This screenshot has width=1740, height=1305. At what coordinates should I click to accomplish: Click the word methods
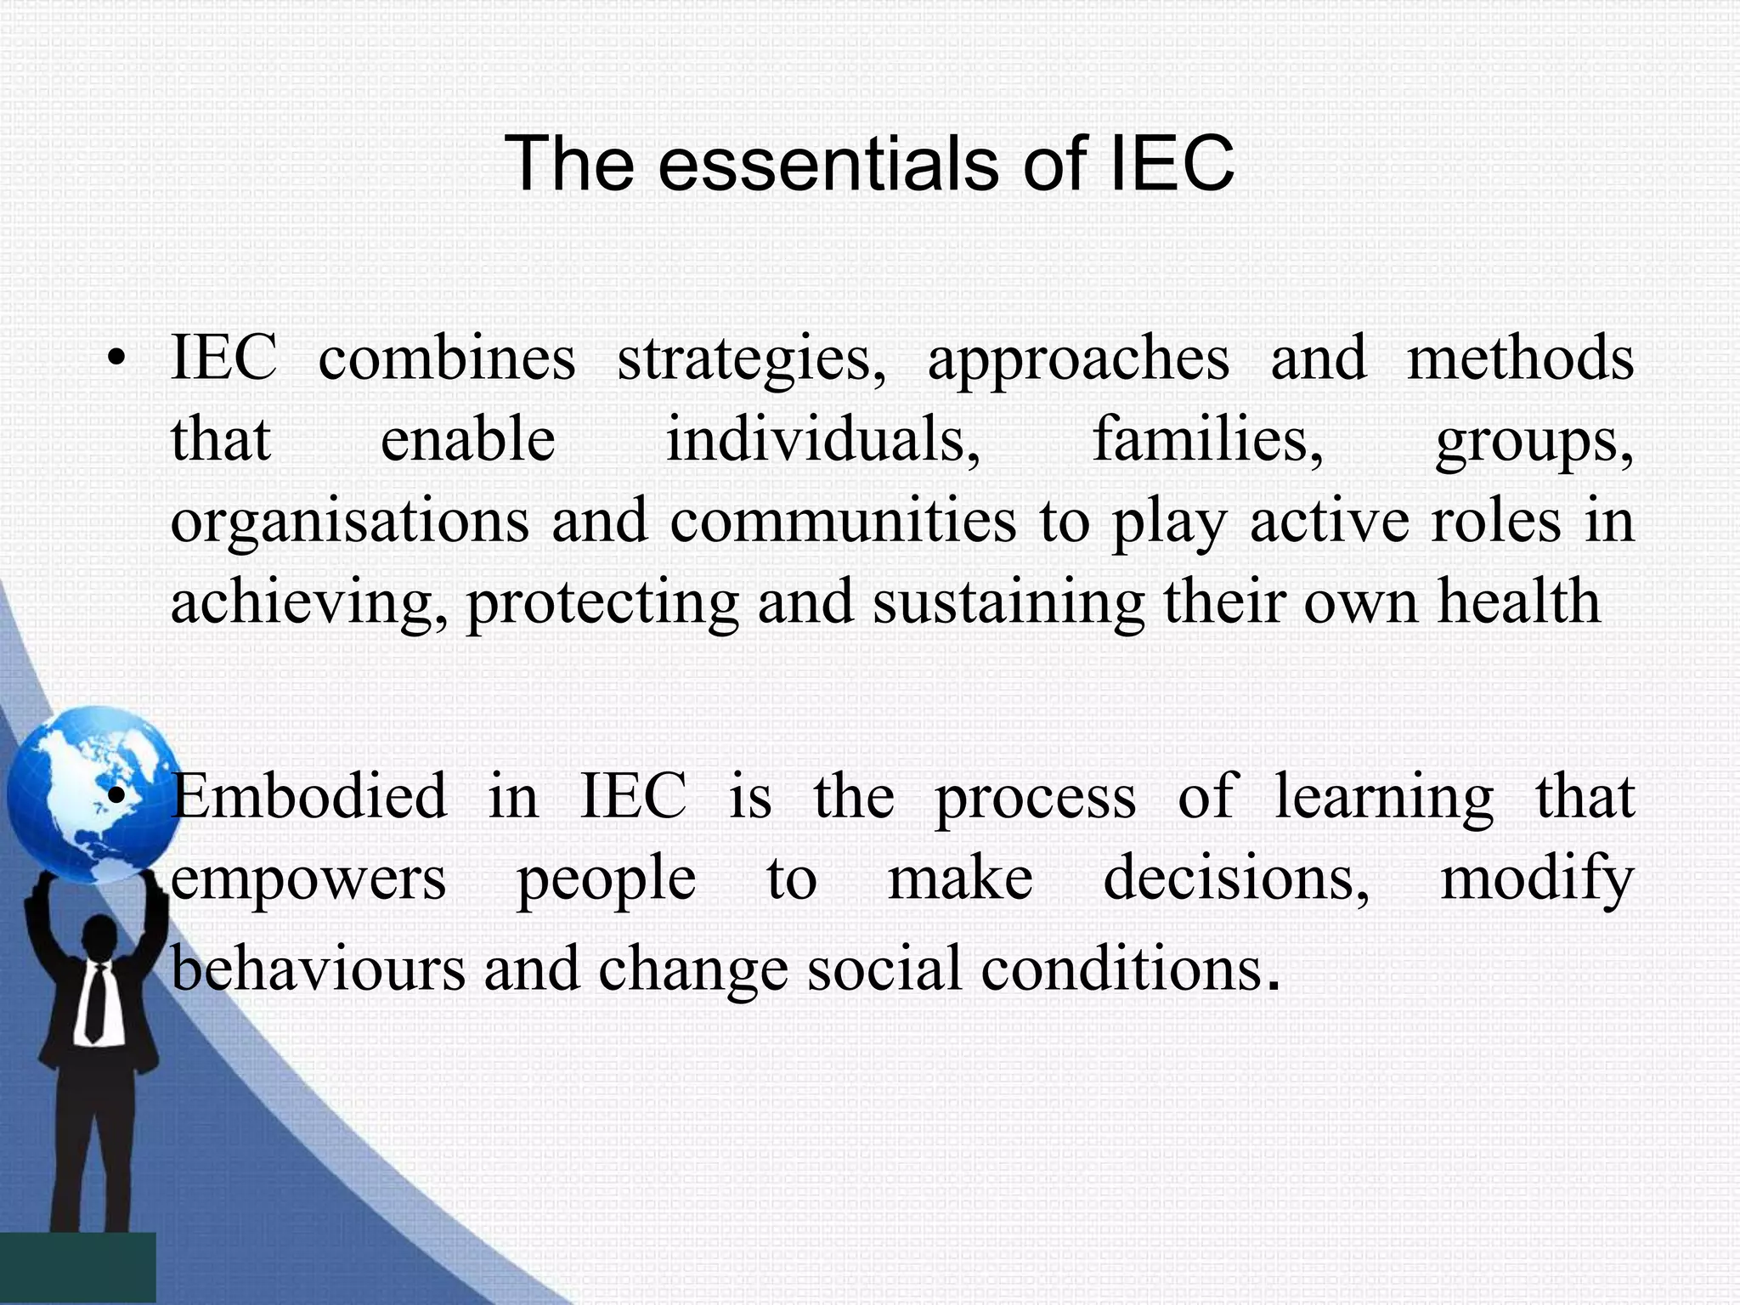(1520, 359)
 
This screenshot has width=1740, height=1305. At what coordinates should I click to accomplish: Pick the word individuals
(822, 440)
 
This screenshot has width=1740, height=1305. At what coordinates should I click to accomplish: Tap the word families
(1207, 440)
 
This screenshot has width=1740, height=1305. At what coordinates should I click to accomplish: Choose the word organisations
(350, 522)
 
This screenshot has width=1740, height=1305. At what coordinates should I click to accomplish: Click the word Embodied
(308, 797)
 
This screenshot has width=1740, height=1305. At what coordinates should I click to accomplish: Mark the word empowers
(308, 880)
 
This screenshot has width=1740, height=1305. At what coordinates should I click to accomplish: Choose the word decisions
(1236, 878)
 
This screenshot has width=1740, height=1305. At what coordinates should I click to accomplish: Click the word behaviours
(319, 969)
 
